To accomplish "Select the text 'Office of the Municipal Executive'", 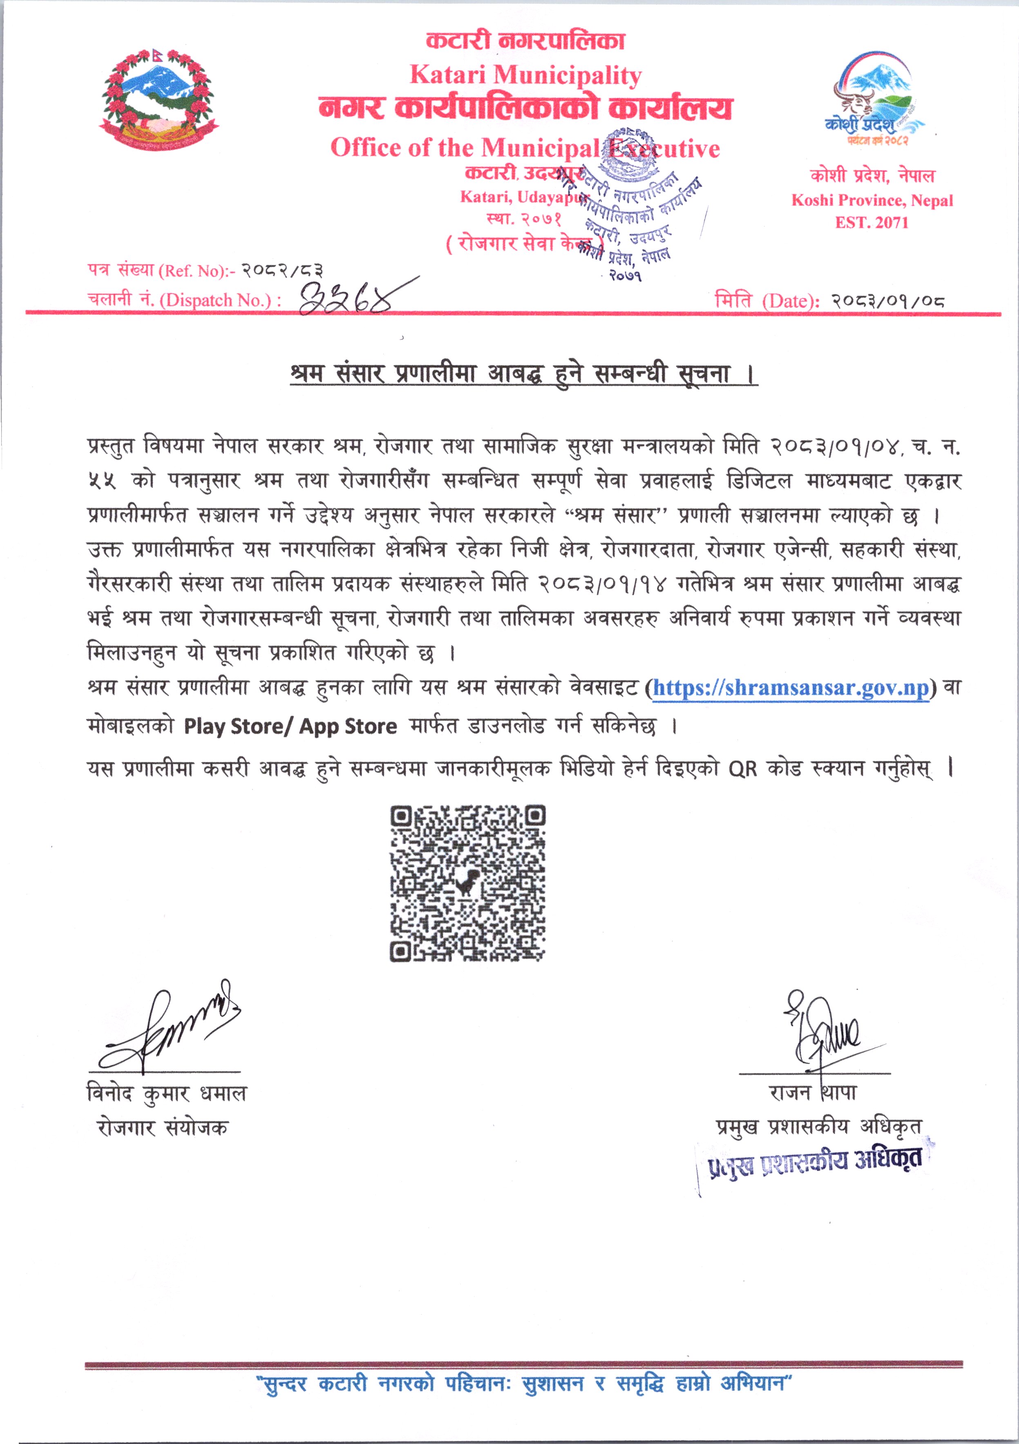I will [525, 148].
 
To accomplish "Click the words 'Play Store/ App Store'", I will [291, 727].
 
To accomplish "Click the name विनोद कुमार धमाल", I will [167, 1094].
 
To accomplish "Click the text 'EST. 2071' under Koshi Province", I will [872, 223].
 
